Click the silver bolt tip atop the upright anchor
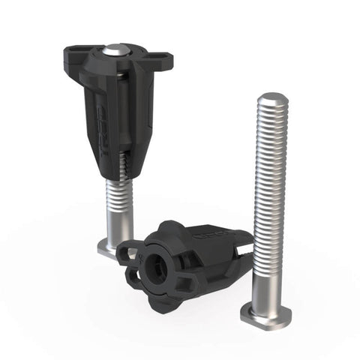(113, 50)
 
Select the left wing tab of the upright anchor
(73, 52)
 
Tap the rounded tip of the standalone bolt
(272, 98)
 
